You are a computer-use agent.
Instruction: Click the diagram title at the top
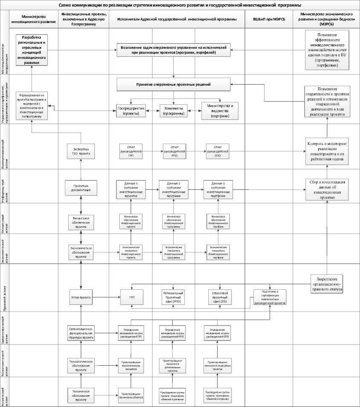click(x=179, y=5)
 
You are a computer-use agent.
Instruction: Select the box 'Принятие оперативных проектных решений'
click(x=173, y=84)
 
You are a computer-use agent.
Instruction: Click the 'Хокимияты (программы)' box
click(x=174, y=111)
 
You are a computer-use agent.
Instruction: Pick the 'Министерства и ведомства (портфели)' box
click(x=219, y=111)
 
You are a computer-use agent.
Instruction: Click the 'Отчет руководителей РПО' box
click(x=174, y=151)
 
